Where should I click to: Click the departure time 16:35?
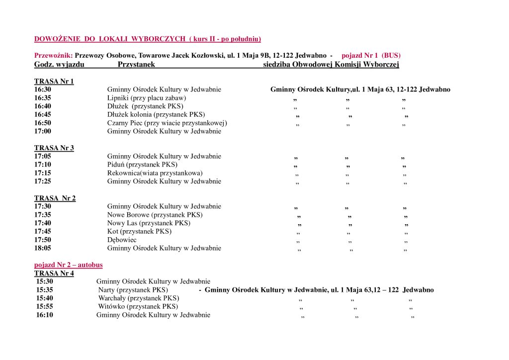coord(43,98)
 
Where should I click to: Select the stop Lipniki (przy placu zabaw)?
coord(147,98)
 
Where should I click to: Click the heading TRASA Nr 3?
coord(54,148)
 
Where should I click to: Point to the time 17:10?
coord(43,165)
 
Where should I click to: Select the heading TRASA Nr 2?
coord(55,198)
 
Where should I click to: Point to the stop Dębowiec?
coord(122,240)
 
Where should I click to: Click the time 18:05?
coord(43,248)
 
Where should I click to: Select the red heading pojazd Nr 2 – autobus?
coord(69,265)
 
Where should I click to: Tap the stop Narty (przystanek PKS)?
coord(133,290)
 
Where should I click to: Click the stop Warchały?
coord(138,298)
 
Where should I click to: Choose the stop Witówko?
coord(138,306)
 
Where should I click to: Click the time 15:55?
coord(44,306)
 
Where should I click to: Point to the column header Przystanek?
coord(136,65)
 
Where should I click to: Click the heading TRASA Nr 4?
coord(54,273)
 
